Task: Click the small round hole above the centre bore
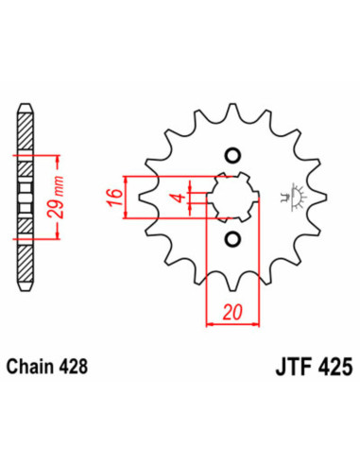pos(231,156)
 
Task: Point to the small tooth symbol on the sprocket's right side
pos(288,196)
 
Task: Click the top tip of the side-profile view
pos(26,103)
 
